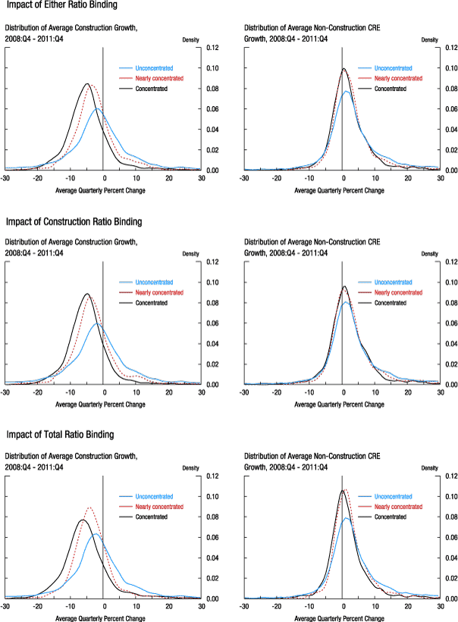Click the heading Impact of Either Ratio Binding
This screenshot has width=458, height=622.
click(52, 6)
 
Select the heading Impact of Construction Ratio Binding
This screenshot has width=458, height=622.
click(64, 222)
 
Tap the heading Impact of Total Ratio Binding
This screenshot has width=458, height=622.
click(59, 435)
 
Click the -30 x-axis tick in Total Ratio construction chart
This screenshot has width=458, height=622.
click(5, 607)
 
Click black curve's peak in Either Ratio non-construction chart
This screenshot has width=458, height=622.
click(343, 69)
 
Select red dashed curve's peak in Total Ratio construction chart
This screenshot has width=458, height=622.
click(89, 508)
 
